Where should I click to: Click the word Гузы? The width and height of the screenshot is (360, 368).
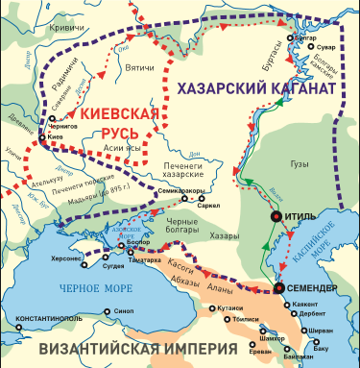tap(300, 163)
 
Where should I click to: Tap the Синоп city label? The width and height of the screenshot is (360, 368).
tap(123, 310)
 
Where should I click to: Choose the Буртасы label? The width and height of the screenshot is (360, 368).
tap(294, 69)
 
